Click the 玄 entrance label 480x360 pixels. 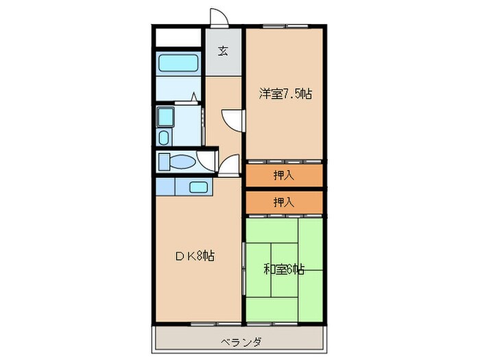223,51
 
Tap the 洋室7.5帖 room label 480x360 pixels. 285,94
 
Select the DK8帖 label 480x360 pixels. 195,256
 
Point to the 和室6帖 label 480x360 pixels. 284,269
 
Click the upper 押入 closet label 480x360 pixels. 284,176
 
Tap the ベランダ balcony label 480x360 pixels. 240,341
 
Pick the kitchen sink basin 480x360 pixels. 199,187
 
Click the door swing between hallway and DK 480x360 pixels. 228,167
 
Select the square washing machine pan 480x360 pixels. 165,117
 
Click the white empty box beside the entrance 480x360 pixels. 178,37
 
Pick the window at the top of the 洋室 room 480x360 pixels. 284,27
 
